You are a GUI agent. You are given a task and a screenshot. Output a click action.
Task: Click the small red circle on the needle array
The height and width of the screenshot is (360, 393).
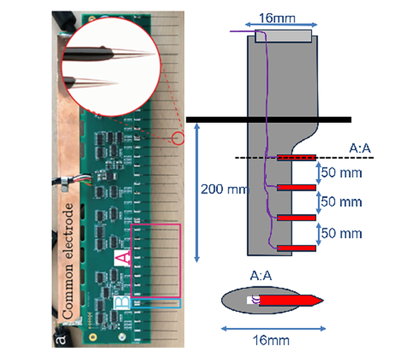(179, 137)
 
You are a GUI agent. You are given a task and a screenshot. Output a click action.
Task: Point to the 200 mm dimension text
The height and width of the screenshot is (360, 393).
(223, 190)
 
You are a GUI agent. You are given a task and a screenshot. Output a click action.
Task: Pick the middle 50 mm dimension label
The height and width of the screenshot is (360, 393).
(341, 201)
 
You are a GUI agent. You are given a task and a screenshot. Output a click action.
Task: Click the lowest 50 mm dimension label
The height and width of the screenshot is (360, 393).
(341, 232)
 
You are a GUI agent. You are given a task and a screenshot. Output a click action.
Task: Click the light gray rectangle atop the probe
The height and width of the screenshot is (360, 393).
(283, 36)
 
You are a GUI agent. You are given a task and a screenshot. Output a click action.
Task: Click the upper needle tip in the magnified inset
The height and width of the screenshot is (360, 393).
(147, 53)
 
